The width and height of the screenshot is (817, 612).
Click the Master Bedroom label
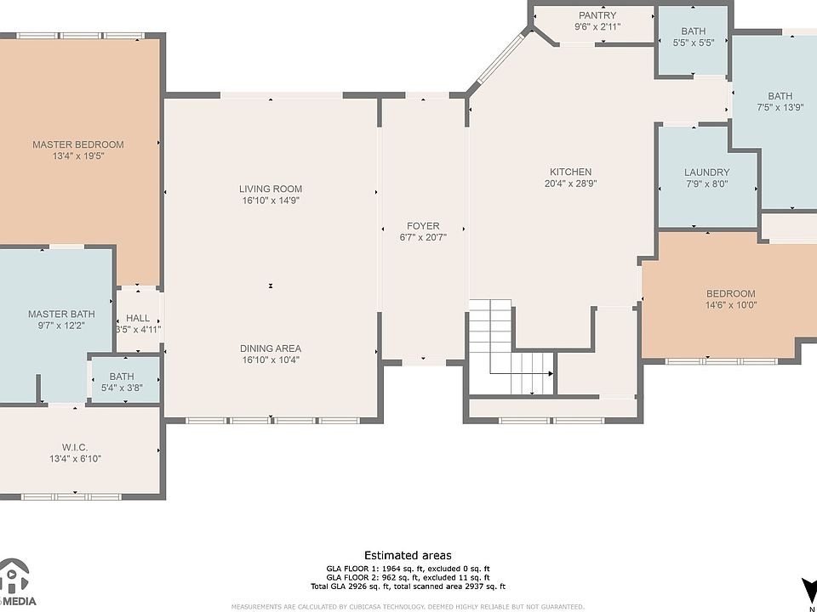pyautogui.click(x=78, y=144)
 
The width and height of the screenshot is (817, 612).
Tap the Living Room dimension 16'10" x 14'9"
pyautogui.click(x=271, y=201)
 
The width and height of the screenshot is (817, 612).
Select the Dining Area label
pyautogui.click(x=271, y=348)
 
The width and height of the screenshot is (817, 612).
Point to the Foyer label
pyautogui.click(x=423, y=226)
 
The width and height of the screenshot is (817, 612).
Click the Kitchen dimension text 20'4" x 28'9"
pyautogui.click(x=570, y=184)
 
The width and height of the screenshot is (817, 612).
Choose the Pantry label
pyautogui.click(x=597, y=15)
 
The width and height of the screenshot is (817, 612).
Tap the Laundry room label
pyautogui.click(x=706, y=173)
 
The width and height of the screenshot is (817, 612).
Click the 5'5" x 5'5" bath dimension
pyautogui.click(x=693, y=42)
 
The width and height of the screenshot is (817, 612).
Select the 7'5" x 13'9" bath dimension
pyautogui.click(x=780, y=108)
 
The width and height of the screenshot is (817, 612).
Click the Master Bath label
pyautogui.click(x=61, y=314)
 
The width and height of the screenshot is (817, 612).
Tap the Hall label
pyautogui.click(x=138, y=318)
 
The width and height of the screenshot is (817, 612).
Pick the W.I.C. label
pyautogui.click(x=76, y=447)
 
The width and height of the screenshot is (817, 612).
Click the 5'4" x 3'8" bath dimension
pyautogui.click(x=122, y=388)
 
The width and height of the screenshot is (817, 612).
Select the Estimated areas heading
pyautogui.click(x=408, y=555)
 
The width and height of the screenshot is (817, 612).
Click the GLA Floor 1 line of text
pyautogui.click(x=408, y=569)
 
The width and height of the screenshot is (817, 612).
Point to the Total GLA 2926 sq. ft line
pyautogui.click(x=408, y=586)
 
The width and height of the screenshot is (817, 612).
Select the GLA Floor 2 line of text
pyautogui.click(x=408, y=578)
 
